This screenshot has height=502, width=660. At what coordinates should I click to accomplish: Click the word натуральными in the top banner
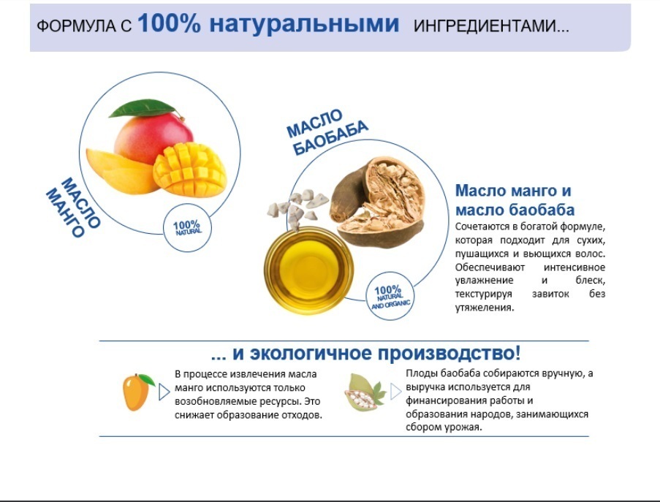pos(304,23)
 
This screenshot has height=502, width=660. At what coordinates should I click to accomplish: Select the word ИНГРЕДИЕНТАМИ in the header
pos(485,26)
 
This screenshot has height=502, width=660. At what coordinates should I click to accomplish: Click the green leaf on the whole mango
pos(143,108)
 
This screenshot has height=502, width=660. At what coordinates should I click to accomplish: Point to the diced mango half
pos(190,170)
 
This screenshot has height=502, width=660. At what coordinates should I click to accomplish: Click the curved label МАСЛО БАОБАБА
pos(327,132)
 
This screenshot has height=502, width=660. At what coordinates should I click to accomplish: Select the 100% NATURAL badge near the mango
pos(187,228)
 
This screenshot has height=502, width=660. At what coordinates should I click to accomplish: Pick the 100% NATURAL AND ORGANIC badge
pos(390,296)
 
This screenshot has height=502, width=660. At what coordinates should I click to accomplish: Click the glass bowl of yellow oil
pos(308,270)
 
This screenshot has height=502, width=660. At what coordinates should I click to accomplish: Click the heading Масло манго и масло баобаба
pos(515,200)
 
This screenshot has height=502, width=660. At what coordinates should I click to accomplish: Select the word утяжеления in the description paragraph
pos(485,307)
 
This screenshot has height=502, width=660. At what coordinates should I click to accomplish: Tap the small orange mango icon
pos(137,392)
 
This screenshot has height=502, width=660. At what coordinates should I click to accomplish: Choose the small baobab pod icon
pos(365,392)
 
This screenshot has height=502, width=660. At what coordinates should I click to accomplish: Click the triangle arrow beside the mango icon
pos(164,392)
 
